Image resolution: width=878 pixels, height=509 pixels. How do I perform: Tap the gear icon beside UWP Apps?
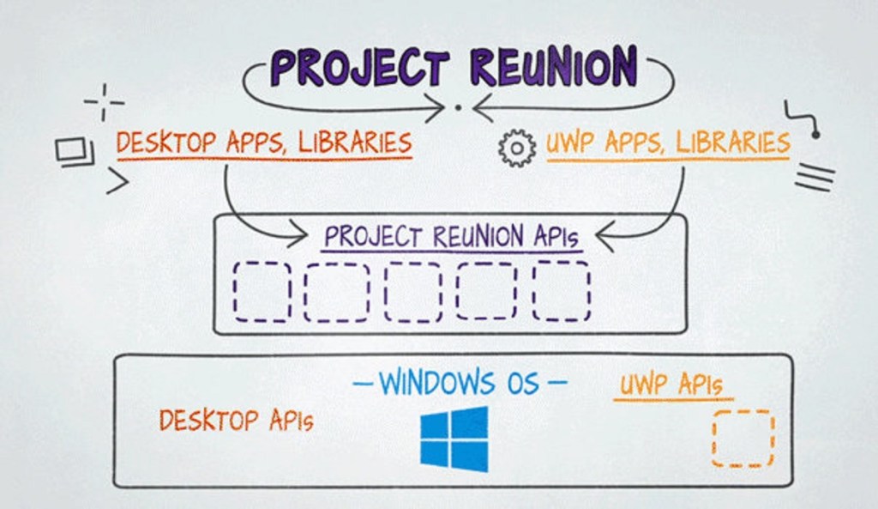click(x=516, y=148)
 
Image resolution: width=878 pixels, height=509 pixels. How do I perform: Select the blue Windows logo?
click(x=454, y=439)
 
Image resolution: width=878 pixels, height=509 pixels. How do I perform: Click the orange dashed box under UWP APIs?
click(x=743, y=439)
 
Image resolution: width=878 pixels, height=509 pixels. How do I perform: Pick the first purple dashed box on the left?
click(x=262, y=291)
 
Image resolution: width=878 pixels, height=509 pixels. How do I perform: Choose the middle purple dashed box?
click(x=413, y=291)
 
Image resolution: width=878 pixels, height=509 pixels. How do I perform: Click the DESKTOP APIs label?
click(x=236, y=421)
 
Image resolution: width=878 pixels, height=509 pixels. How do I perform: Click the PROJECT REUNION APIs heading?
click(x=452, y=236)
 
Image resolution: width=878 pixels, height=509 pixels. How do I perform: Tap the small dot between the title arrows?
click(x=458, y=108)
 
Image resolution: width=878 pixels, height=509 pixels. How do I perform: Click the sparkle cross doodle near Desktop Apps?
click(x=104, y=102)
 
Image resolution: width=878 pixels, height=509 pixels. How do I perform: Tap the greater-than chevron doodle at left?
click(x=117, y=181)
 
